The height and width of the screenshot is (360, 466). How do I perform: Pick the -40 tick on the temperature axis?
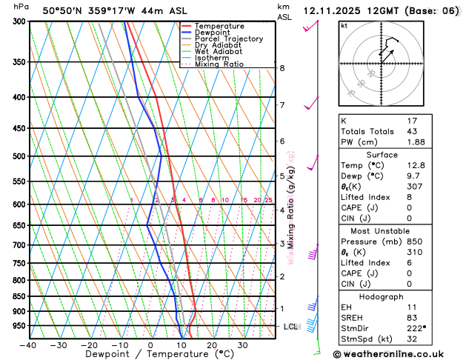click(28, 345)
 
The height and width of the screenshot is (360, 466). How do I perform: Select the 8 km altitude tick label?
click(282, 68)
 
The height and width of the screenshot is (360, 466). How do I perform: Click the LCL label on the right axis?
click(290, 327)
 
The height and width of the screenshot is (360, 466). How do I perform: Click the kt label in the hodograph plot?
click(344, 26)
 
